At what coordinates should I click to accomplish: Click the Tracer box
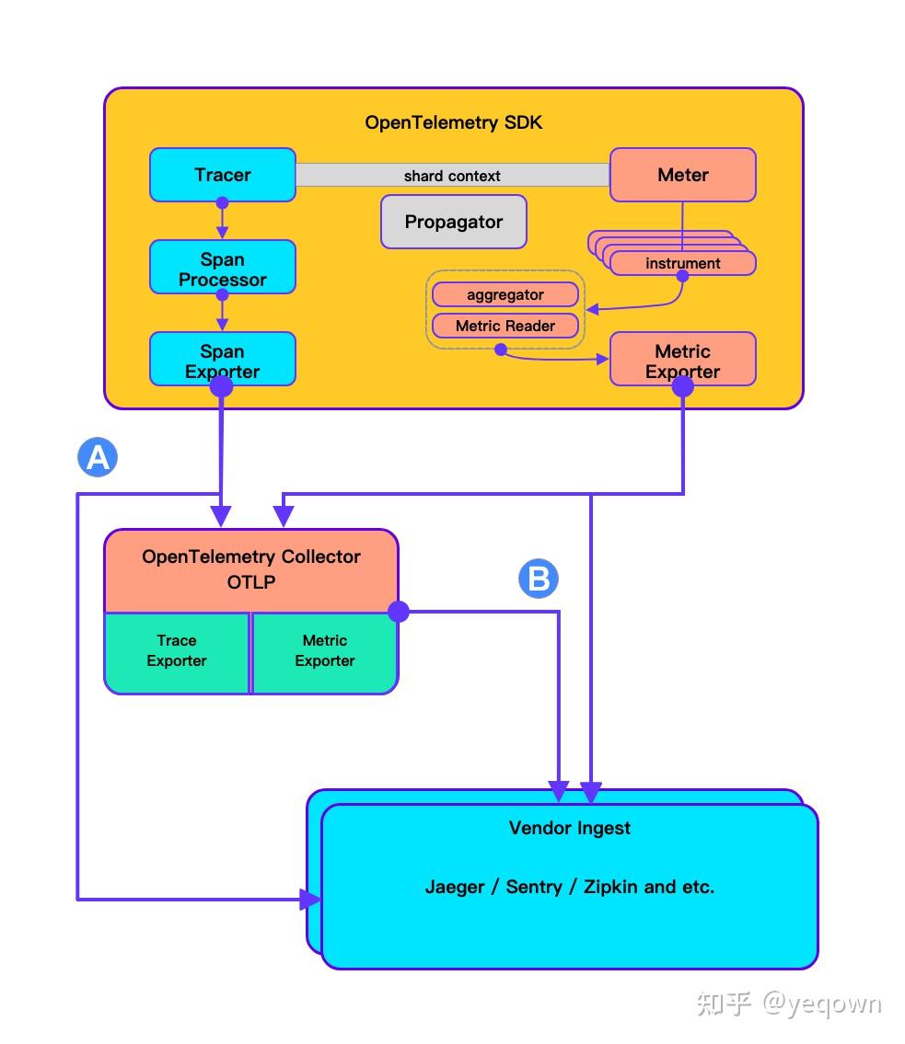(x=222, y=175)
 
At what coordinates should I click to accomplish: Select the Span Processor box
(x=222, y=268)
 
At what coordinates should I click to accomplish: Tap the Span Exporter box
(x=222, y=360)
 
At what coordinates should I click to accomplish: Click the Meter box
(x=682, y=175)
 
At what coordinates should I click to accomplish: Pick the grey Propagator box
(x=453, y=222)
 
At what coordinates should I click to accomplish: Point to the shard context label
(x=452, y=176)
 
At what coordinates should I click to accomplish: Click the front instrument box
(x=682, y=263)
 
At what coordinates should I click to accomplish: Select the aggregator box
(x=505, y=295)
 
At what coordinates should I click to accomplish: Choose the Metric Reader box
(x=505, y=326)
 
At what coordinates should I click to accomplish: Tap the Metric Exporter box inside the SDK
(x=682, y=360)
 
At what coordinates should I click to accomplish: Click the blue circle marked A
(x=98, y=456)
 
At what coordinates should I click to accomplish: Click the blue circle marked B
(x=539, y=579)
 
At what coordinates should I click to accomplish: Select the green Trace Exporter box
(x=177, y=651)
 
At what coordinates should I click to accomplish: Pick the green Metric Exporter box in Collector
(x=324, y=651)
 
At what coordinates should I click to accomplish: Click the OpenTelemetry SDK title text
(x=453, y=122)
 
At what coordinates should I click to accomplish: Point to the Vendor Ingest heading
(x=569, y=828)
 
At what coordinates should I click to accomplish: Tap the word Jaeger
(x=454, y=887)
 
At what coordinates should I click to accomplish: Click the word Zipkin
(x=611, y=887)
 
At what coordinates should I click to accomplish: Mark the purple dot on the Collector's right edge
(x=398, y=611)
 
